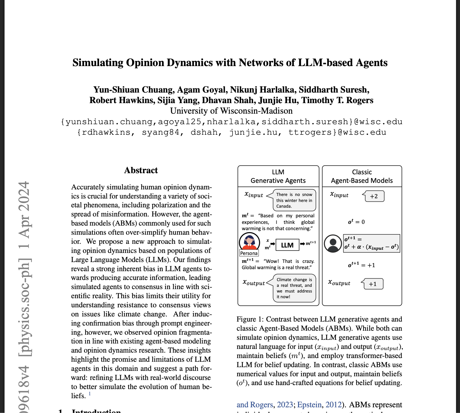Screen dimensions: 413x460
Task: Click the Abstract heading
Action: [141, 170]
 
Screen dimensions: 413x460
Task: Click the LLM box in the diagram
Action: [287, 245]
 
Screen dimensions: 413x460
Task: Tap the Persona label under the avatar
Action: [249, 253]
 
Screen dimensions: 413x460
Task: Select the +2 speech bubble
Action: [374, 196]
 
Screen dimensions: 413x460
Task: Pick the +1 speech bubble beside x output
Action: [373, 284]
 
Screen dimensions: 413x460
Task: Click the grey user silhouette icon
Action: [333, 244]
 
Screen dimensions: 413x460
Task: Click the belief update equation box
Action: [371, 244]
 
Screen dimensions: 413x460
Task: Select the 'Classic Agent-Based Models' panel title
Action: [362, 176]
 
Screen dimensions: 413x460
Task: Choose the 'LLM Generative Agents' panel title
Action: [278, 176]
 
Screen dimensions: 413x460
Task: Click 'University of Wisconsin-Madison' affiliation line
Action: [231, 111]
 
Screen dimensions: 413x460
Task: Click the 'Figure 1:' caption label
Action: [250, 319]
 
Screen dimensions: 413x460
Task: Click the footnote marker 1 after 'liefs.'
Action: [90, 394]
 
